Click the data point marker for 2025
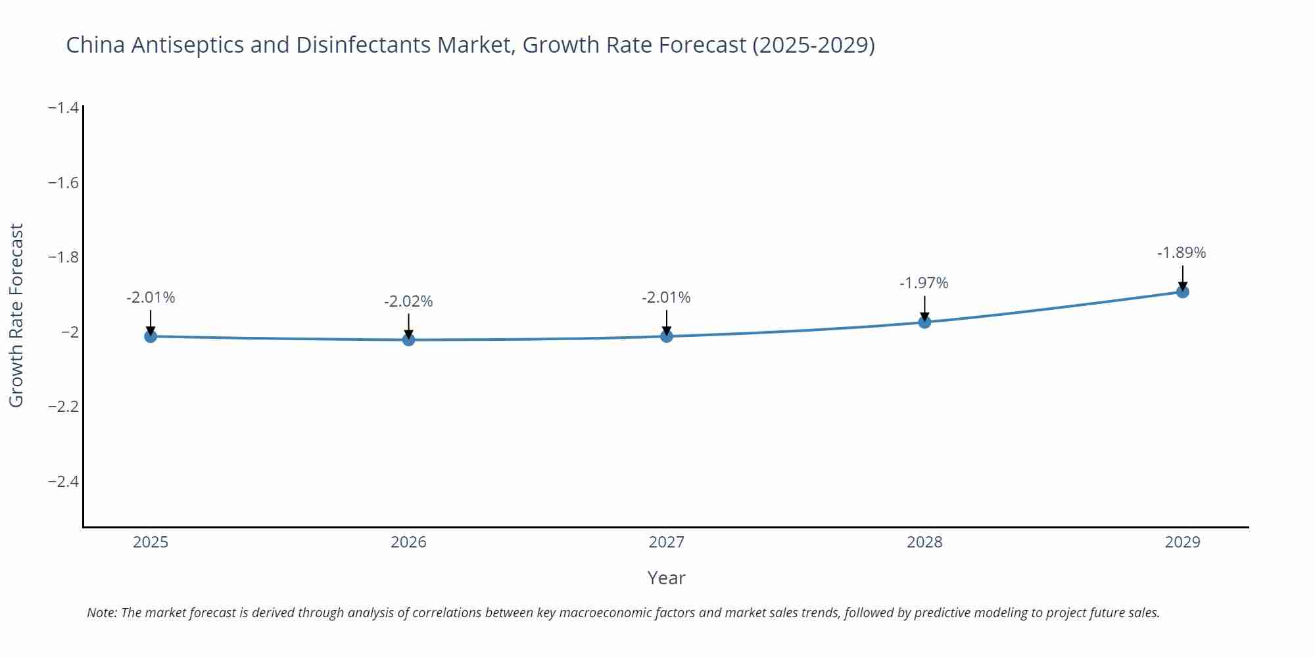click(151, 336)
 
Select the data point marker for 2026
click(408, 340)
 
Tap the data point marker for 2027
click(667, 336)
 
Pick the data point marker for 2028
click(924, 322)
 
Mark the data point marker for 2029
click(1182, 291)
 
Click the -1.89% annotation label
click(1182, 253)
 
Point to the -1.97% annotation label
click(924, 283)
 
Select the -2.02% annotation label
click(408, 301)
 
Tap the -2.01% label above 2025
click(151, 297)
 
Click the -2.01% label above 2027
click(666, 297)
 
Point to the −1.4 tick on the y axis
click(63, 107)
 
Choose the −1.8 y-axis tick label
click(63, 257)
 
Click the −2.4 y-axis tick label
click(63, 481)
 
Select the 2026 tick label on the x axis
click(408, 542)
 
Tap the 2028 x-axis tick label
click(924, 542)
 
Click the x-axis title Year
click(666, 578)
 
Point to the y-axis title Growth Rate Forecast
click(16, 315)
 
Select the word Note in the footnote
click(101, 613)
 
